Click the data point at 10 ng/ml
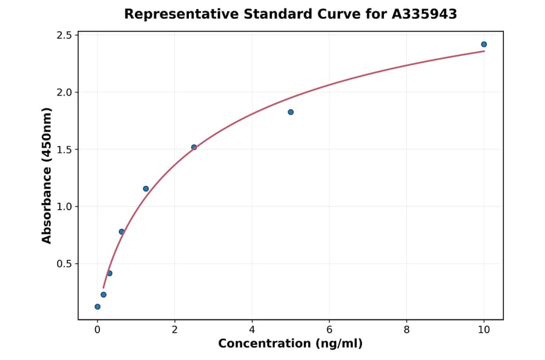click(x=484, y=44)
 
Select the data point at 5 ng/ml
click(x=291, y=112)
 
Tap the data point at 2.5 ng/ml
click(x=194, y=147)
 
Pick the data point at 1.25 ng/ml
click(x=146, y=188)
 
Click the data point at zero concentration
click(x=97, y=307)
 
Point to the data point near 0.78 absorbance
click(x=122, y=232)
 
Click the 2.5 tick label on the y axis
click(x=62, y=35)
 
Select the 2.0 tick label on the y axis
click(x=62, y=92)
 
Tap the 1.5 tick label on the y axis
click(x=62, y=150)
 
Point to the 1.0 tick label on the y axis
click(x=62, y=207)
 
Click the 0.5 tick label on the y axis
click(x=62, y=264)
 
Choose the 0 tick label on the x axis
click(x=97, y=330)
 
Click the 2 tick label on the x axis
click(x=174, y=330)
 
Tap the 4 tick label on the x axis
click(x=252, y=330)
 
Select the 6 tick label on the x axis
click(x=329, y=330)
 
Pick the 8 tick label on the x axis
click(x=406, y=330)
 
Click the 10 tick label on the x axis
click(x=484, y=330)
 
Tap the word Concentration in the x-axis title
click(x=261, y=344)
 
